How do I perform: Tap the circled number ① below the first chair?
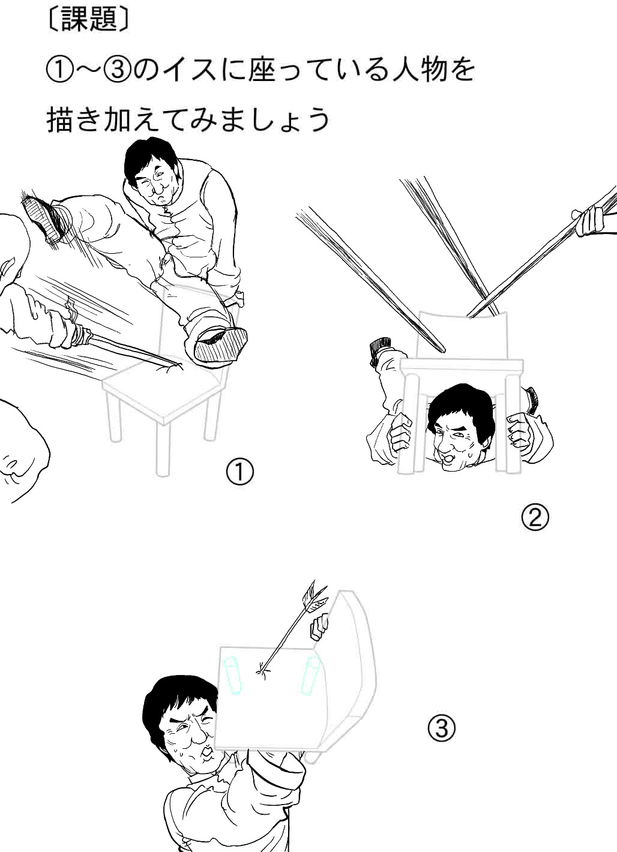[x=239, y=472]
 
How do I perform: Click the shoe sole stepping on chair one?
[x=221, y=344]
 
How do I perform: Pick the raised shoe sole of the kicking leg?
[x=40, y=217]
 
